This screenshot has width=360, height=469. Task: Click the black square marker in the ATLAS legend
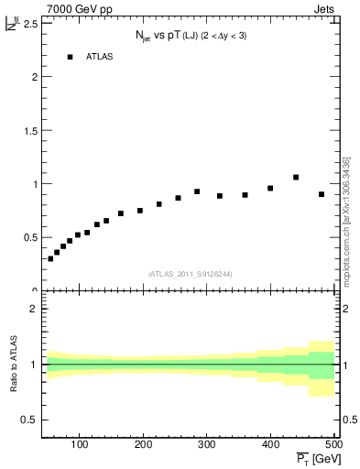tap(70, 57)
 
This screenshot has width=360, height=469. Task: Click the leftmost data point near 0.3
tap(50, 258)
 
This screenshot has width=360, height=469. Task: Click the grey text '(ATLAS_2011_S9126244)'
tap(191, 274)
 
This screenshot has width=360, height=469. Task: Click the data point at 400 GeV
tap(270, 188)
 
